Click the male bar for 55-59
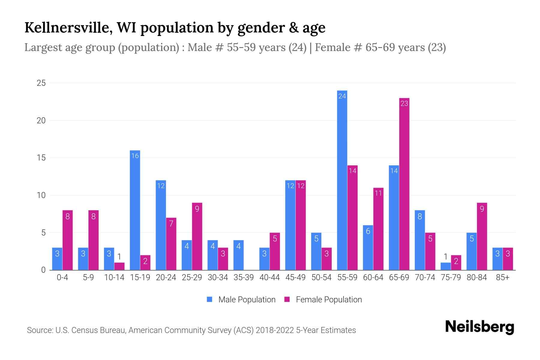point(342,180)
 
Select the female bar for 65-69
point(404,184)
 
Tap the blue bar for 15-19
point(135,210)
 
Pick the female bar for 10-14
point(119,266)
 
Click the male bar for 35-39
point(238,255)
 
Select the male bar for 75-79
point(445,266)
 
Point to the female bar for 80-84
point(482,236)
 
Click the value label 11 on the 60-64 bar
point(378,193)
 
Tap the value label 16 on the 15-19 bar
point(135,156)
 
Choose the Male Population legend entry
point(241,299)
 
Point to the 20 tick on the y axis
point(41,120)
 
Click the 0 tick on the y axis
point(43,270)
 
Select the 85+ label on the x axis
point(502,277)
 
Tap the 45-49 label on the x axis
point(295,277)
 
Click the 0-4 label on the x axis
point(62,277)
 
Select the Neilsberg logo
point(479,327)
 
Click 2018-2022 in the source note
point(275,330)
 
